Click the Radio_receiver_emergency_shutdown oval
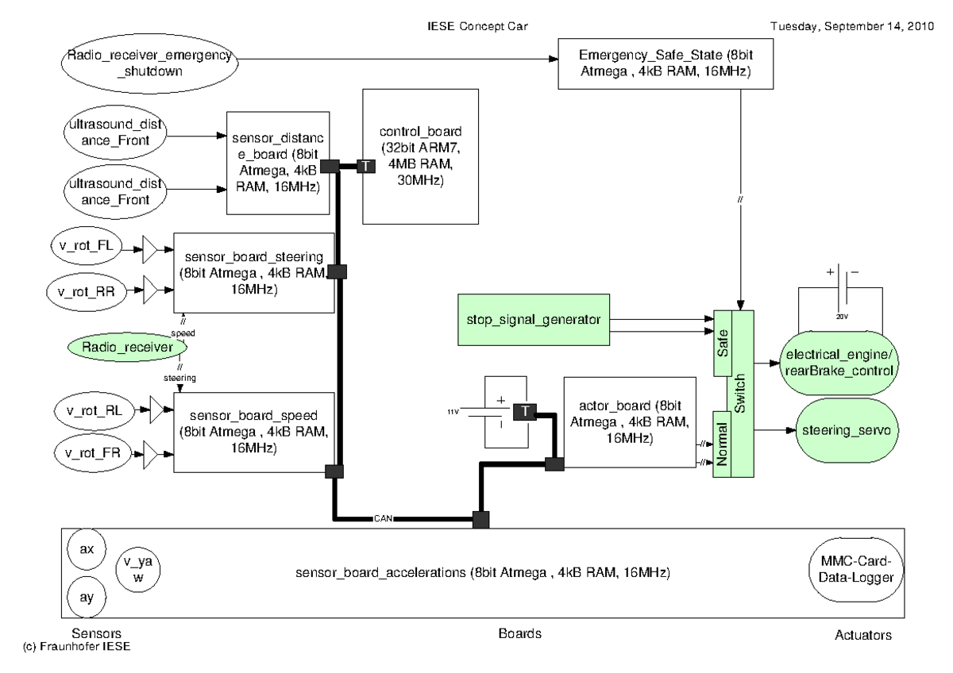(149, 61)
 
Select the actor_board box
(627, 422)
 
